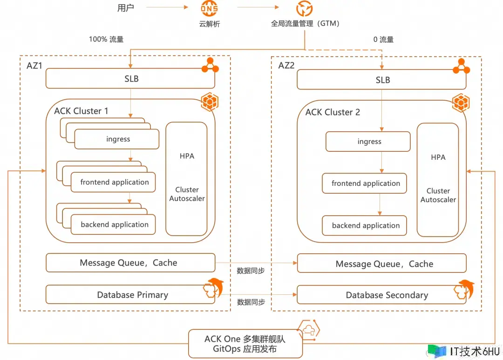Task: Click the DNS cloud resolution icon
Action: point(209,8)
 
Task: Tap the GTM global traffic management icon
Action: point(305,8)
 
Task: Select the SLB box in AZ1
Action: point(130,79)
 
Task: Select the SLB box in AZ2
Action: point(381,80)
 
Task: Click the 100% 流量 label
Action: point(106,40)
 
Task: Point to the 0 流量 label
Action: point(383,40)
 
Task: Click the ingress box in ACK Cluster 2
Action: point(368,142)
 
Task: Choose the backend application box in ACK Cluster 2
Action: point(365,225)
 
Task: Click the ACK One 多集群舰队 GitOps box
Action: point(245,344)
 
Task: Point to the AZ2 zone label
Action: point(286,65)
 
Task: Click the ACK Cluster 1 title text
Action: point(81,111)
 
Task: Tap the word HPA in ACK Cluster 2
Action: point(438,157)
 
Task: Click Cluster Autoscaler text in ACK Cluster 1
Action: point(187,194)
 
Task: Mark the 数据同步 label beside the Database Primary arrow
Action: point(251,302)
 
